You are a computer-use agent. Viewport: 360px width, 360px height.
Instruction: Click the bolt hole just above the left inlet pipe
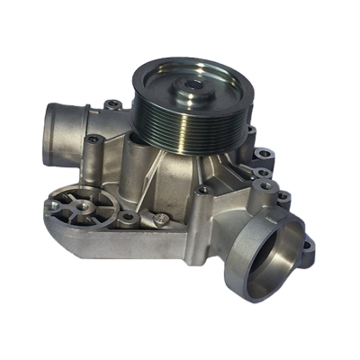pyautogui.click(x=111, y=105)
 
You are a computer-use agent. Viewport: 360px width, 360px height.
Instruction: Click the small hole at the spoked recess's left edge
pyautogui.click(x=53, y=205)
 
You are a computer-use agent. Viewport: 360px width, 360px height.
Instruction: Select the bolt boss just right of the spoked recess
pyautogui.click(x=129, y=217)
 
